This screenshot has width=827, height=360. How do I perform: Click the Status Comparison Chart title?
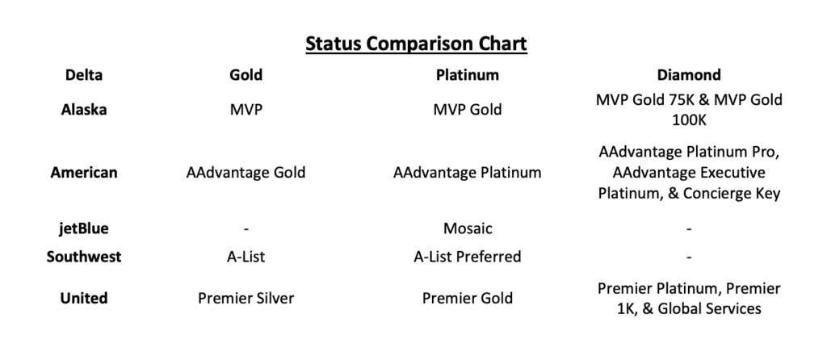pyautogui.click(x=416, y=43)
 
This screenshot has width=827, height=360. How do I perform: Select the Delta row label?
pyautogui.click(x=84, y=75)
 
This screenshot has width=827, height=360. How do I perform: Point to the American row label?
pyautogui.click(x=84, y=172)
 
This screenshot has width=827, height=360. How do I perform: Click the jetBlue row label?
pyautogui.click(x=84, y=228)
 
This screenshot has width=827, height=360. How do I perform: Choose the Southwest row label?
pyautogui.click(x=84, y=257)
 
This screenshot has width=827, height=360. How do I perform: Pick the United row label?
pyautogui.click(x=84, y=298)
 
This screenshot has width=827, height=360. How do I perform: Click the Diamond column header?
pyautogui.click(x=689, y=75)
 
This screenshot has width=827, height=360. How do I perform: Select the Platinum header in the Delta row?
pyautogui.click(x=468, y=75)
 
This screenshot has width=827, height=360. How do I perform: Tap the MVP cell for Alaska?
pyautogui.click(x=246, y=110)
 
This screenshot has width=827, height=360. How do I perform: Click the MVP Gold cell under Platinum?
pyautogui.click(x=468, y=110)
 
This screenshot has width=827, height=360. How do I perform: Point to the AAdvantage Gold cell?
pyautogui.click(x=246, y=172)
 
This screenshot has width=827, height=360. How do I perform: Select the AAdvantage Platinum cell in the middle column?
pyautogui.click(x=468, y=172)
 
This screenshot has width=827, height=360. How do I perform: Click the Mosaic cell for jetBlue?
pyautogui.click(x=468, y=228)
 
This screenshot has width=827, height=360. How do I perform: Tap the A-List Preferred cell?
pyautogui.click(x=468, y=257)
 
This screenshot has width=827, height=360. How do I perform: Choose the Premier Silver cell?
pyautogui.click(x=246, y=298)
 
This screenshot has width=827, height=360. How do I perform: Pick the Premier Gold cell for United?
pyautogui.click(x=468, y=298)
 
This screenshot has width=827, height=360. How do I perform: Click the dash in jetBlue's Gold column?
pyautogui.click(x=246, y=229)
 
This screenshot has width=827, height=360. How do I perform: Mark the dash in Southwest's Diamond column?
pyautogui.click(x=689, y=257)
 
